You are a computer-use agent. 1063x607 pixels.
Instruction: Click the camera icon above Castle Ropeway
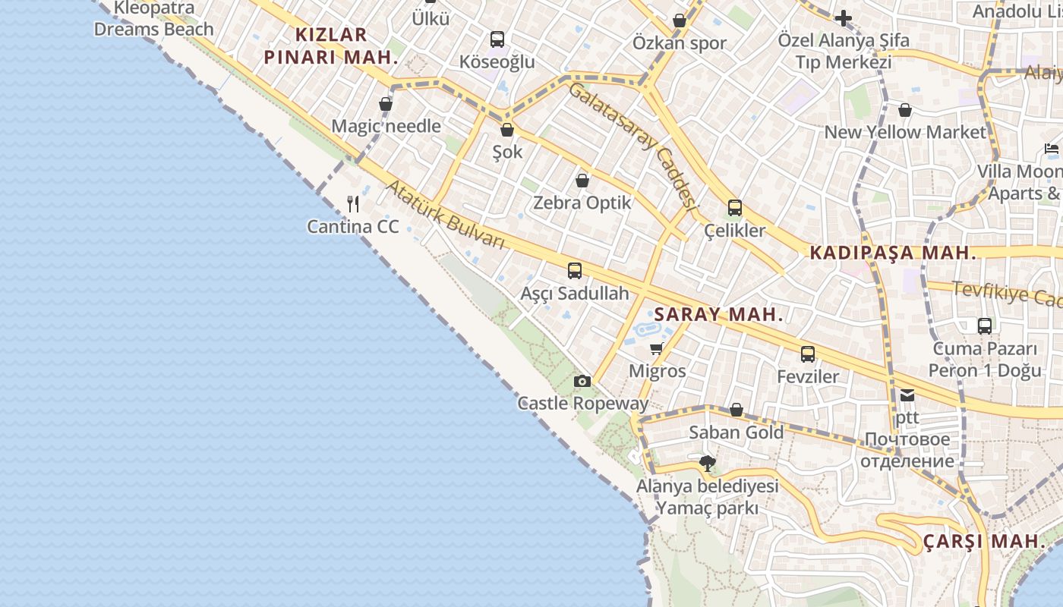[582, 381]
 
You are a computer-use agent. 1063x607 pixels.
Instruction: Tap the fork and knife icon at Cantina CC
[353, 203]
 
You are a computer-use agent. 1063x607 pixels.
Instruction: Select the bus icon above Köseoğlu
[497, 39]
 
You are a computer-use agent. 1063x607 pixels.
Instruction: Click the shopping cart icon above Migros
[657, 348]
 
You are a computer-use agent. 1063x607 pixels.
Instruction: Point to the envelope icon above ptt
[907, 395]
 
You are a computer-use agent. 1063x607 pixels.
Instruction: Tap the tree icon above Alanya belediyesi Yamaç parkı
[708, 463]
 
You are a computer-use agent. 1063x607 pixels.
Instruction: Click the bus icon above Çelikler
[735, 208]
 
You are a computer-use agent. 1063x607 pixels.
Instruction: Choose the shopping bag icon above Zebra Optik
[582, 181]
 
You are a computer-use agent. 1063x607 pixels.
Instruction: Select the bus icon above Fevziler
[808, 354]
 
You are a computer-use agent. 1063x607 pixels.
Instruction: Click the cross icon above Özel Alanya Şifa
[844, 18]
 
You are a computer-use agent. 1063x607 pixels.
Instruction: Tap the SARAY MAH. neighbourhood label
[718, 315]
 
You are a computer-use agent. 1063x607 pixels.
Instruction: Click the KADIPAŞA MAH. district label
[893, 253]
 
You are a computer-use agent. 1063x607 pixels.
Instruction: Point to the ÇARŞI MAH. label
[984, 542]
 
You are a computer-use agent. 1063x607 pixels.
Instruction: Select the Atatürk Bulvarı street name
[446, 214]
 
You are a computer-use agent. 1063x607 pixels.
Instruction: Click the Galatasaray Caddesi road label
[632, 145]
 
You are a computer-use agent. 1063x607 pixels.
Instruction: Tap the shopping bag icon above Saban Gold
[736, 410]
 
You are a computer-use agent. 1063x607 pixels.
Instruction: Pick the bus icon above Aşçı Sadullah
[575, 270]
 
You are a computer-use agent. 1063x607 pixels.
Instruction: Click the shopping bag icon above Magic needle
[386, 104]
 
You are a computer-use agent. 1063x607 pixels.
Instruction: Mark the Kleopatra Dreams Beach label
[153, 19]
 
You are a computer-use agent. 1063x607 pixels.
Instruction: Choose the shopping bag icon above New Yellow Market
[904, 110]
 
